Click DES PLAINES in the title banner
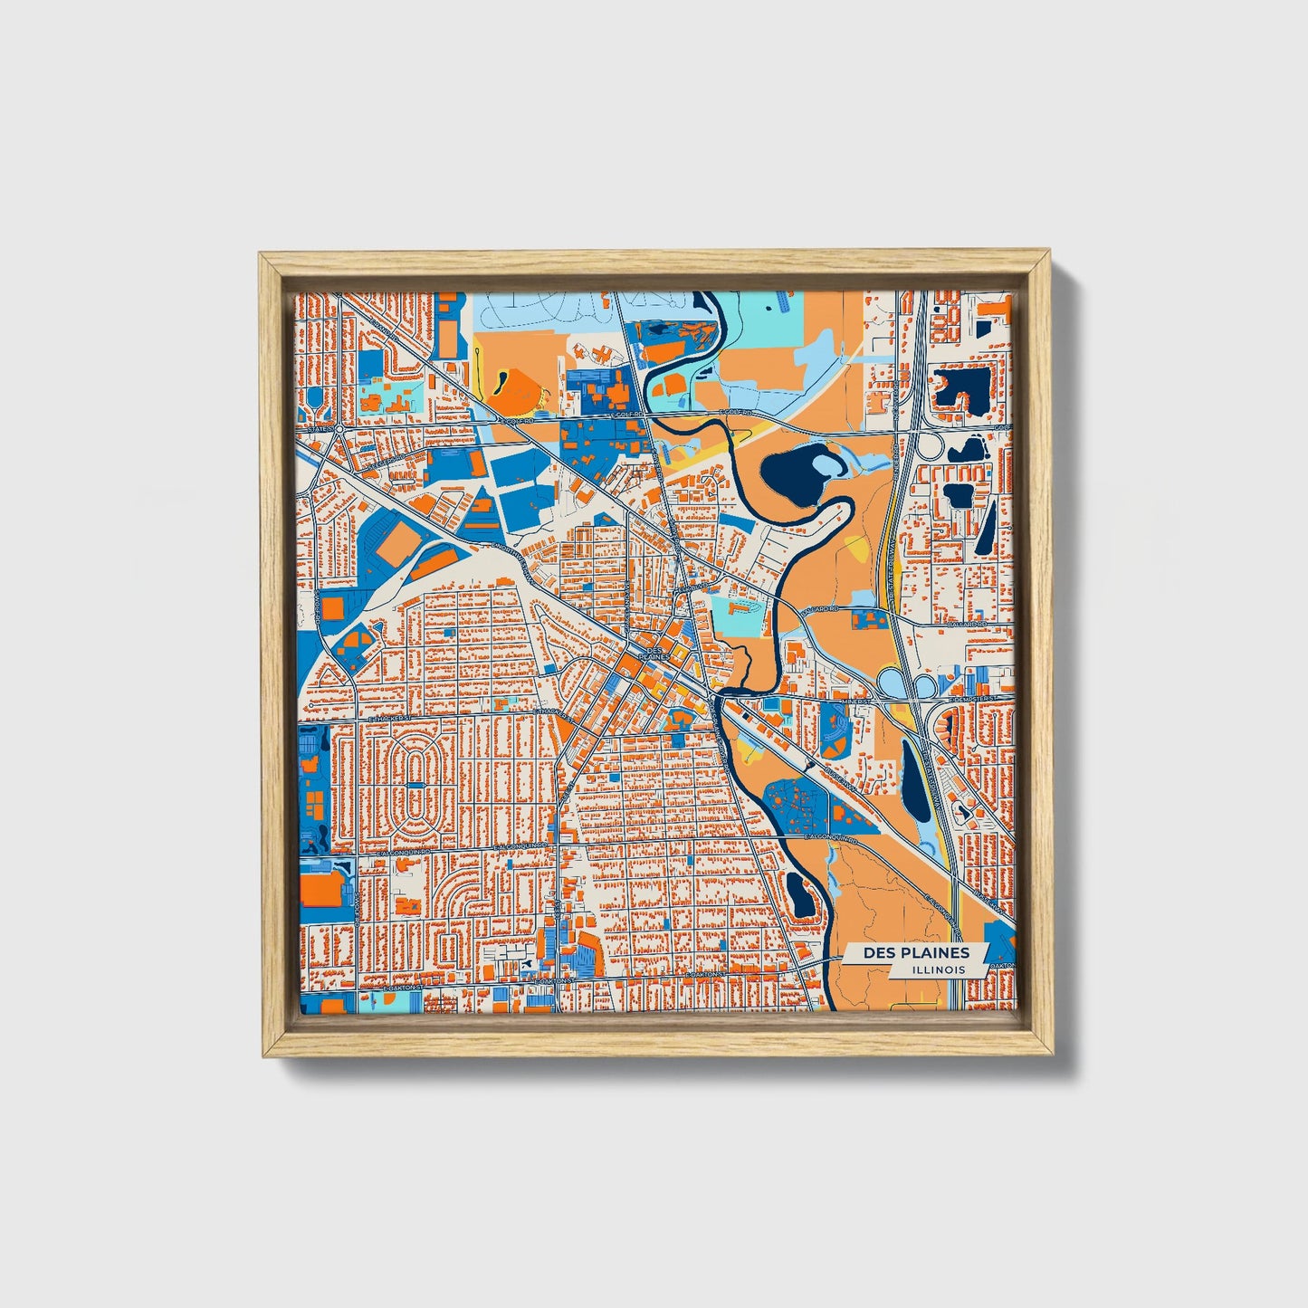[915, 952]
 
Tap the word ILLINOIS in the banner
[939, 969]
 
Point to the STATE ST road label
[319, 429]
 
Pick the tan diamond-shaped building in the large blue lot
[396, 544]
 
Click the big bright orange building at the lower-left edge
[320, 888]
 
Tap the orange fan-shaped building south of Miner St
[835, 727]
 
